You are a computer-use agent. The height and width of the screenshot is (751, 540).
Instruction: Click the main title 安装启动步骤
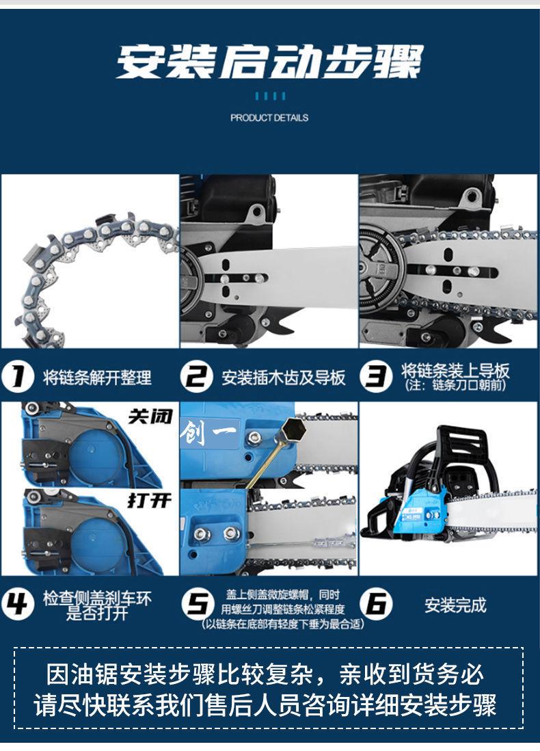click(x=269, y=62)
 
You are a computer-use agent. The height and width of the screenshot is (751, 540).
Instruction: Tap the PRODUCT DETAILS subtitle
click(x=269, y=118)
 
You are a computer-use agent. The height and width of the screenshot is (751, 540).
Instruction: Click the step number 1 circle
click(x=18, y=376)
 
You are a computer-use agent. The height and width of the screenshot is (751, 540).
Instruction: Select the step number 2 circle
click(x=196, y=376)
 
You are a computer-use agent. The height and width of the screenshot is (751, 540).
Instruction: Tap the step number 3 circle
click(x=375, y=376)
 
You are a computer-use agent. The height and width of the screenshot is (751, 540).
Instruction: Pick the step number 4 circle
click(x=18, y=605)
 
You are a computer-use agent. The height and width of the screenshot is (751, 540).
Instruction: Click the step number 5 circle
click(x=198, y=605)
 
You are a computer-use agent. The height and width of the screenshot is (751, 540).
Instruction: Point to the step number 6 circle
click(x=376, y=605)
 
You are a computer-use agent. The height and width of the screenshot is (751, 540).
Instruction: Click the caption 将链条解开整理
click(x=97, y=378)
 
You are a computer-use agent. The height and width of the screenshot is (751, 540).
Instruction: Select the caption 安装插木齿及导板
click(x=283, y=378)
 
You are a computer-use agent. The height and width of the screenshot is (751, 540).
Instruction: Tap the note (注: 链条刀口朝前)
click(x=455, y=384)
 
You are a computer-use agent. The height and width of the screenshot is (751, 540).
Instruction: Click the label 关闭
click(x=150, y=417)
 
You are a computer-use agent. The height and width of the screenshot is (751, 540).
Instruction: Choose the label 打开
click(x=150, y=501)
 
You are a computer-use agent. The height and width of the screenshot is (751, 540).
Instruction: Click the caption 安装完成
click(x=455, y=605)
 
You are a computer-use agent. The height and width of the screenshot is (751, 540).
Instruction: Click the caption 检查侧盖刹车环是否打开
click(x=97, y=605)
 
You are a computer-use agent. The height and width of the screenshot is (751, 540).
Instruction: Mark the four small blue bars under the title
click(x=270, y=96)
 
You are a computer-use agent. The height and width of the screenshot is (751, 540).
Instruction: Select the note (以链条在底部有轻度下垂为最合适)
click(x=282, y=624)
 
